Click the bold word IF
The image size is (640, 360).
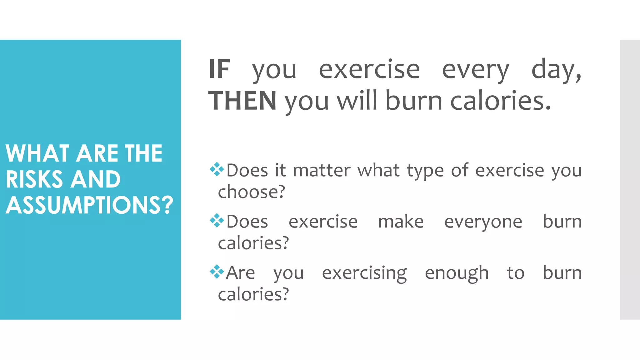220,69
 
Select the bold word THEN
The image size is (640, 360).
242,101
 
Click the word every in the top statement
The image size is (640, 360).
475,70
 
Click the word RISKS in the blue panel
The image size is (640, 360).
34,179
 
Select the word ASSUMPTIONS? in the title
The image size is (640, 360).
89,205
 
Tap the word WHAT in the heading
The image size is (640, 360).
37,153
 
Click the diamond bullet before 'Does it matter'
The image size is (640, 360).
217,169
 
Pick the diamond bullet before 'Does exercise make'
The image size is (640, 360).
217,221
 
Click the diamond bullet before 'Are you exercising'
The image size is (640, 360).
217,272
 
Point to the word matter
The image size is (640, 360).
322,171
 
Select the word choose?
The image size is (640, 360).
252,192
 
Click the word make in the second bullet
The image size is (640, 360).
401,222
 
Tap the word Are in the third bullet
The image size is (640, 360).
240,272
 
